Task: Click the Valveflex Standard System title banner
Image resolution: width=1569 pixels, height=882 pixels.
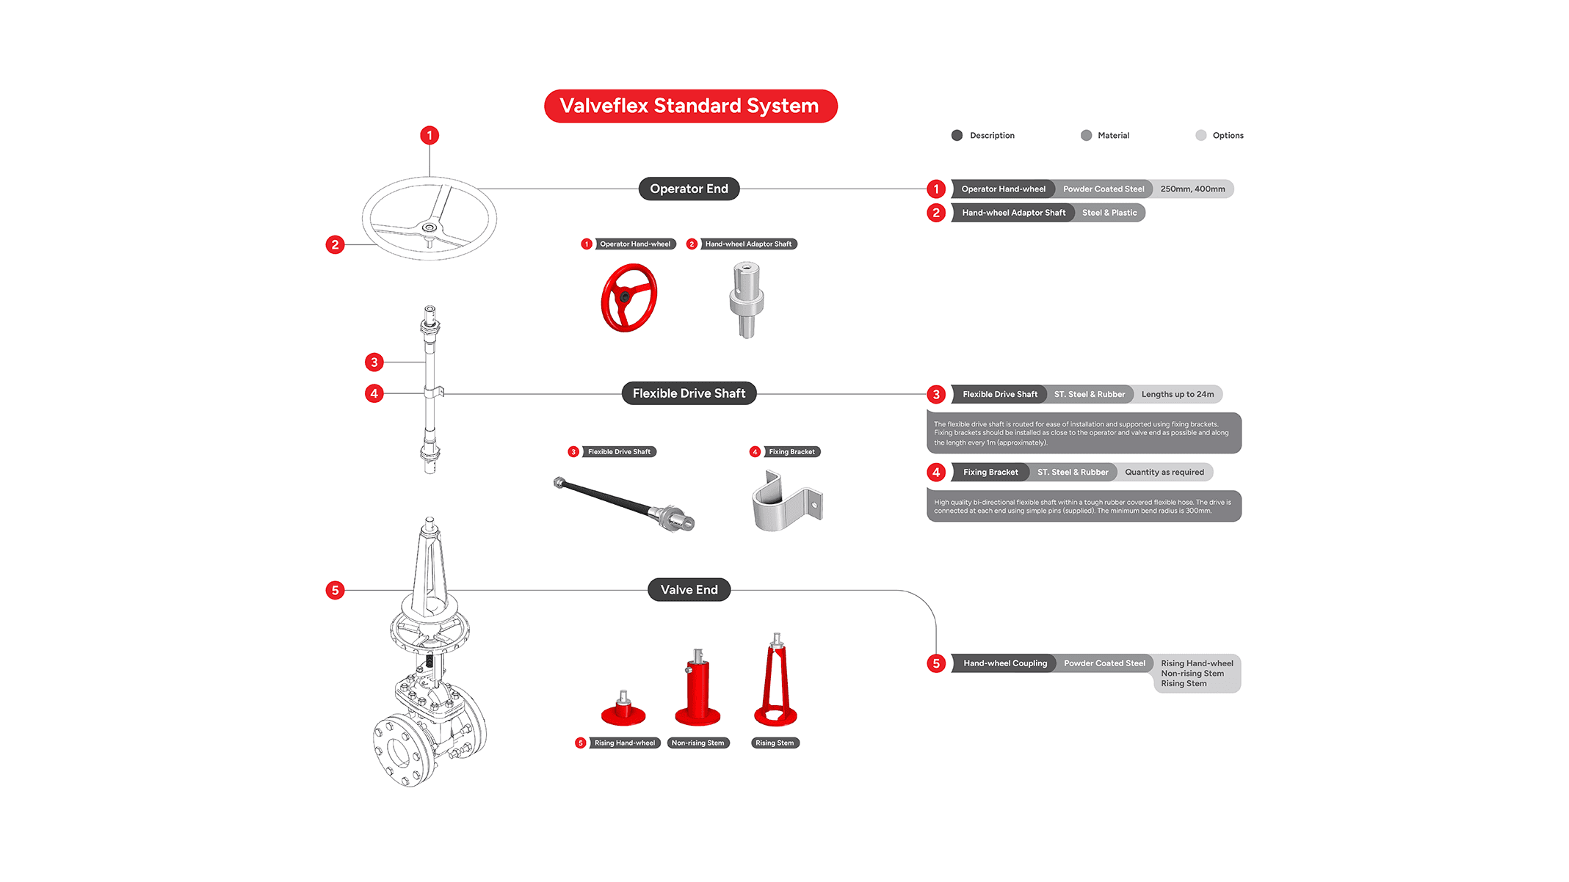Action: pyautogui.click(x=690, y=106)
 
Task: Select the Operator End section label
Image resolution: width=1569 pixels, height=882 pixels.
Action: pyautogui.click(x=689, y=189)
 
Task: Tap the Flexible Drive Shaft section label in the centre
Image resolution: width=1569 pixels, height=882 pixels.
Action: pyautogui.click(x=689, y=393)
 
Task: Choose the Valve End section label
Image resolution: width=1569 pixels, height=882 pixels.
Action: pyautogui.click(x=689, y=590)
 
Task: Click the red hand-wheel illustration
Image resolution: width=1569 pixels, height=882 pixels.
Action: pyautogui.click(x=628, y=298)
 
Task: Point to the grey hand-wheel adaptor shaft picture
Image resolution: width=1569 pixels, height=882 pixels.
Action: pyautogui.click(x=746, y=300)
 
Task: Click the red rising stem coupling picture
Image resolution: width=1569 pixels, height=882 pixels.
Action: pyautogui.click(x=775, y=682)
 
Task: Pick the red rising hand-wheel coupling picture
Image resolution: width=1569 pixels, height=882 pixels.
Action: pyautogui.click(x=623, y=710)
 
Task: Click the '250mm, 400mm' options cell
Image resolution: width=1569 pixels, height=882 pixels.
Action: pyautogui.click(x=1192, y=189)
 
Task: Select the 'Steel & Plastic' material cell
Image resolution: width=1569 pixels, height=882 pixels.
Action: pyautogui.click(x=1109, y=213)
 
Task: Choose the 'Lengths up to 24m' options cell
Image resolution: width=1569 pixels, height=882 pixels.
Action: pyautogui.click(x=1177, y=395)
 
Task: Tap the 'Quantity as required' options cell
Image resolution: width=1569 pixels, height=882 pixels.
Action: pyautogui.click(x=1164, y=473)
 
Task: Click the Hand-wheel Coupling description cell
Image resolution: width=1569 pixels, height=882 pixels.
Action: pyautogui.click(x=1004, y=663)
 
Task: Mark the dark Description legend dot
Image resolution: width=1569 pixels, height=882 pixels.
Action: pyautogui.click(x=957, y=135)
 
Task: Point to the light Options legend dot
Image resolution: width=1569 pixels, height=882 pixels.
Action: pyautogui.click(x=1201, y=135)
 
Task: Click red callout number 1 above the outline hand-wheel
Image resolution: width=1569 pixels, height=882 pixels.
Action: pyautogui.click(x=430, y=135)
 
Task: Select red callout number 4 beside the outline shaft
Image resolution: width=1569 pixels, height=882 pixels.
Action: pyautogui.click(x=374, y=393)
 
